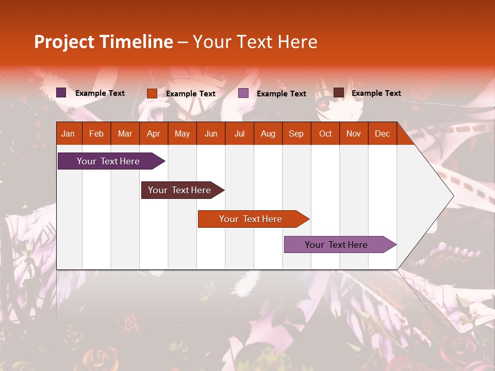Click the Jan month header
click(68, 133)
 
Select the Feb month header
click(96, 133)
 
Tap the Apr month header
click(154, 133)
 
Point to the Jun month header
click(211, 133)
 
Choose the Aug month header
click(268, 133)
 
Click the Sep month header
click(296, 133)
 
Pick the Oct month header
click(325, 133)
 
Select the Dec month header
click(383, 133)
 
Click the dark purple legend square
click(61, 93)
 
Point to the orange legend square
click(152, 93)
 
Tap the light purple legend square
click(243, 93)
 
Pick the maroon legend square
click(339, 93)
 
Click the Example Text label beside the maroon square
click(376, 93)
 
